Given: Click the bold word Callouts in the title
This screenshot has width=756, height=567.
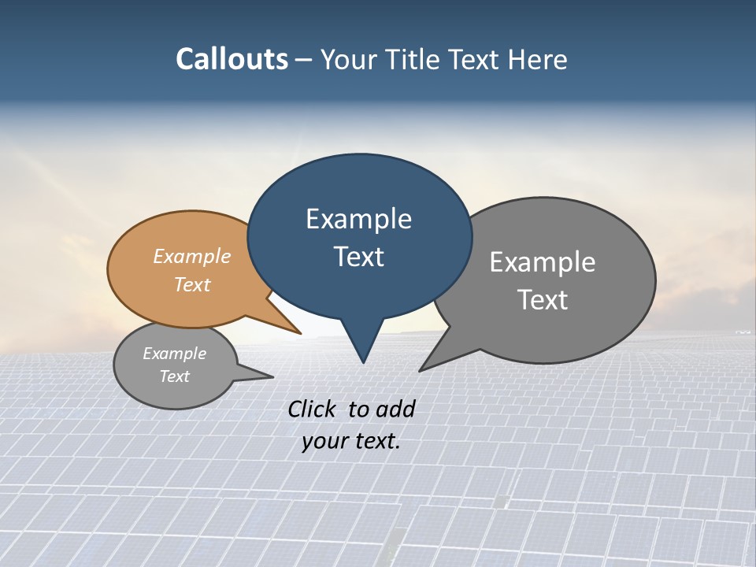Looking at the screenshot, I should tap(232, 59).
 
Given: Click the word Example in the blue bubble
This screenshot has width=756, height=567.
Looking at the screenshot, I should tap(358, 219).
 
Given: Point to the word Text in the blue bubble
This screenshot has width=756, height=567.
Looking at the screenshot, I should tap(358, 257).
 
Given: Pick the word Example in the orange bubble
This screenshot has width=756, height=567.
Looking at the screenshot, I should tap(192, 256).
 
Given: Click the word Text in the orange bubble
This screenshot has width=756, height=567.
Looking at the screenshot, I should tap(192, 284).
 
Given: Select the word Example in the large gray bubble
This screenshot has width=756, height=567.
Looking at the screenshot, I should tap(542, 262).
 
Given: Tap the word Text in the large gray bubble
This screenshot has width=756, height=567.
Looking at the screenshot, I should tap(542, 299).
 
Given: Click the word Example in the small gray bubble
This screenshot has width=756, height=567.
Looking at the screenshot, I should tap(174, 354).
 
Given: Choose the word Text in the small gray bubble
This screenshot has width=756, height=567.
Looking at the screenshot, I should tap(174, 376).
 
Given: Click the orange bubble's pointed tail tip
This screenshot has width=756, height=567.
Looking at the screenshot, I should tap(300, 333).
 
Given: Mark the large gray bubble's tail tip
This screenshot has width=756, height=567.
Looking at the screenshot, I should tap(421, 369).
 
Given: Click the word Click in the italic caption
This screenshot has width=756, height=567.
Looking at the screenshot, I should tap(313, 409).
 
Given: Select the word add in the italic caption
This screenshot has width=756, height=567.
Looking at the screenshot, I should tap(395, 409).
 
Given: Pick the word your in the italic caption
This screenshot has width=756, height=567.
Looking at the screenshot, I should tap(324, 441).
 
